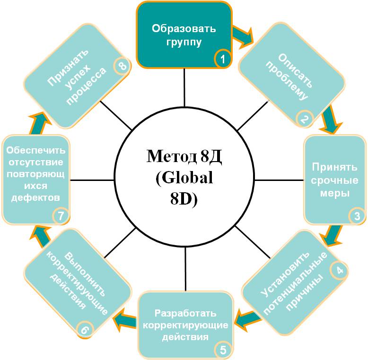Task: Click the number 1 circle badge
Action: tap(222, 59)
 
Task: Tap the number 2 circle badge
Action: tap(304, 119)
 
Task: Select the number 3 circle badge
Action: tap(357, 216)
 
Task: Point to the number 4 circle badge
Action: tap(339, 270)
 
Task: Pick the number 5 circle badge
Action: tap(223, 350)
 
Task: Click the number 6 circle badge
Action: tap(85, 329)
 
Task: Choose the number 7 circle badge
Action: tap(61, 215)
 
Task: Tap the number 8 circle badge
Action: tap(123, 66)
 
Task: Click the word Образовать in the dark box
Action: tap(184, 29)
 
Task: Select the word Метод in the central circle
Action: tap(171, 156)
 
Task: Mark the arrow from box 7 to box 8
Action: tap(39, 123)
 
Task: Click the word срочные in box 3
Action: tap(334, 180)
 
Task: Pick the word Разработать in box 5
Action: tap(185, 313)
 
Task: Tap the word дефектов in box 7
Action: tap(35, 197)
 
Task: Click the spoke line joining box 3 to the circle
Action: tap(279, 180)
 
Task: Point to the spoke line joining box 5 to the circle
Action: tap(185, 269)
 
